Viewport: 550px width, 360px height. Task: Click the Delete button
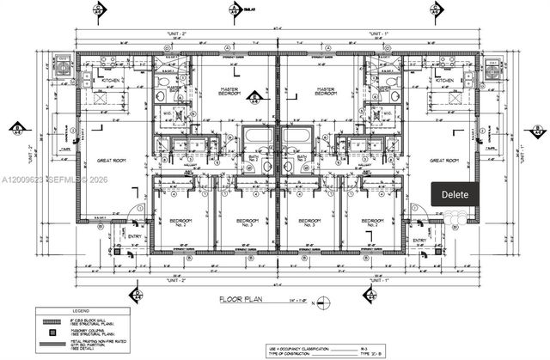[x=455, y=194]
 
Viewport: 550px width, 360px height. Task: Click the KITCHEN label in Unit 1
[x=443, y=80]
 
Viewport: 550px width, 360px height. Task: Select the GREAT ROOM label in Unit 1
[x=444, y=160]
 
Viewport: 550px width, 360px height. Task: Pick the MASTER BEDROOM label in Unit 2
[x=228, y=90]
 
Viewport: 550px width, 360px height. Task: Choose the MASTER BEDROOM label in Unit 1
[x=325, y=90]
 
